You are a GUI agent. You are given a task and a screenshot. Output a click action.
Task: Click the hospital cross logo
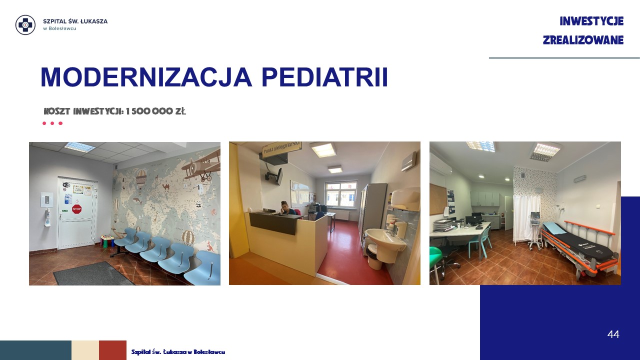click(25, 25)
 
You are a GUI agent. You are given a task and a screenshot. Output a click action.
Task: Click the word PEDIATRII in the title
click(325, 77)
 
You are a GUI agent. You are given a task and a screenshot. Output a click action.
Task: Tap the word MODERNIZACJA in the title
click(146, 77)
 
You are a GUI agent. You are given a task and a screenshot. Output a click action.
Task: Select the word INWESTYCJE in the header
click(591, 21)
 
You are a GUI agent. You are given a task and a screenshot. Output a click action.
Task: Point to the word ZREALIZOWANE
click(583, 40)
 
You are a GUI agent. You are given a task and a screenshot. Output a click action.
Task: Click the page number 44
click(613, 334)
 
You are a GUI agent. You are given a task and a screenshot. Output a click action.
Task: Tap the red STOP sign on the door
click(76, 209)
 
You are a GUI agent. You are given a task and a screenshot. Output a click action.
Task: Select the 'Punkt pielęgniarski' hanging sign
click(282, 148)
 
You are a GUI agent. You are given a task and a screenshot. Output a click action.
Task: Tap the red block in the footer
click(113, 350)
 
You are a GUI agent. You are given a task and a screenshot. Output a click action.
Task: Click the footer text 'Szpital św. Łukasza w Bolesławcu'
click(178, 352)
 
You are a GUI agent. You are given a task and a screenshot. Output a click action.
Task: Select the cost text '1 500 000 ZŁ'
click(155, 111)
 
